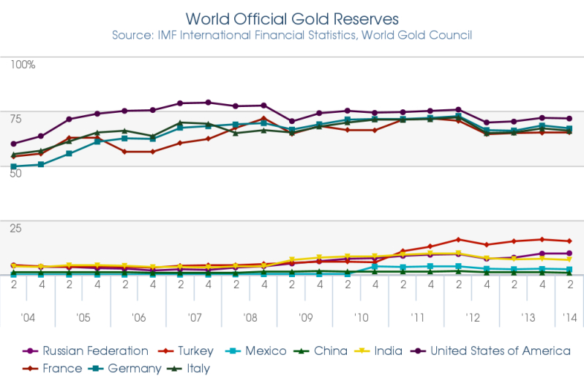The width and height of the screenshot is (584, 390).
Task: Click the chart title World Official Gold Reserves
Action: (292, 17)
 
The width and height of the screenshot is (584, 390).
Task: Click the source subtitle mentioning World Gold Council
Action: (292, 35)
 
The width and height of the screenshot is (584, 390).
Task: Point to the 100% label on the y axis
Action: (23, 65)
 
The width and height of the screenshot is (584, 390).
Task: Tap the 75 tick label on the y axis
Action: (16, 119)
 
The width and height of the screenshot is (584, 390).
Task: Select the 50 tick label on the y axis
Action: (16, 174)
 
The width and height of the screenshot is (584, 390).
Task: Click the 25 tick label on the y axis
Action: (16, 228)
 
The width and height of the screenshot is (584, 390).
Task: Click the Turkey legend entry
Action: (192, 351)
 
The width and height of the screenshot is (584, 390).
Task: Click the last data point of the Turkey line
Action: (569, 241)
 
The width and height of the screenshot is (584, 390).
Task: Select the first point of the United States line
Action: (14, 144)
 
